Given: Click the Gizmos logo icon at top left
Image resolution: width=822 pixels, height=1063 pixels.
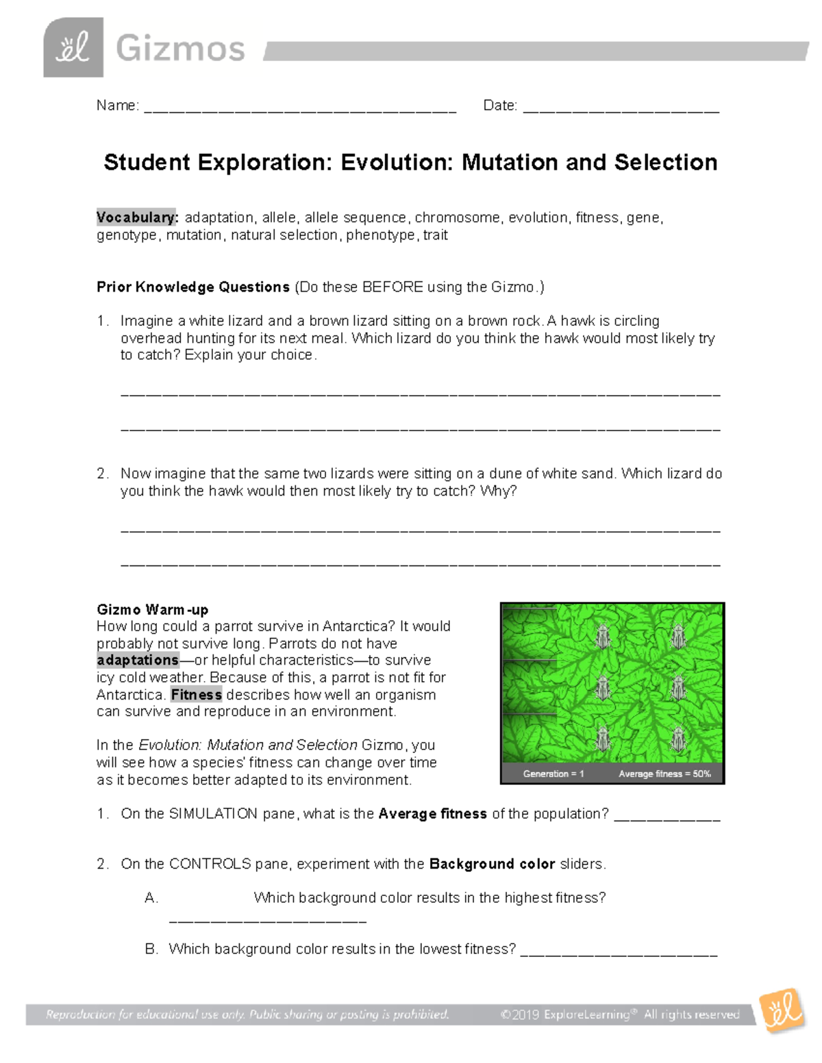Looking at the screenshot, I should (x=73, y=48).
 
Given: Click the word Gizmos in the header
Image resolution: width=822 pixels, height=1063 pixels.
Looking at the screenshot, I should (x=180, y=49).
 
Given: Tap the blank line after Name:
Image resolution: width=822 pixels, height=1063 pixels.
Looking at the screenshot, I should (x=300, y=108).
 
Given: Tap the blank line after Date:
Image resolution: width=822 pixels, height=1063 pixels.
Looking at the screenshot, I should (x=621, y=108).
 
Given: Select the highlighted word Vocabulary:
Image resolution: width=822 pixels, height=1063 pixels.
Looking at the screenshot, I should (x=137, y=218).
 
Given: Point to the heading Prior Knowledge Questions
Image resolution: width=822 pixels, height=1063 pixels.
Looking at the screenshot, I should (x=193, y=287).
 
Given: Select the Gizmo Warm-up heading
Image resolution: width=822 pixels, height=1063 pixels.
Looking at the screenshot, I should (x=153, y=609).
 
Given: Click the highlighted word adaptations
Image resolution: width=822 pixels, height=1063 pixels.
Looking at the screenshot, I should (x=138, y=661).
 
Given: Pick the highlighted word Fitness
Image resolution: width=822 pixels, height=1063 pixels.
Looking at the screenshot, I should (x=196, y=695).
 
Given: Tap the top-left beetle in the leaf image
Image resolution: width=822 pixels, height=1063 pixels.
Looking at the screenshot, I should (x=603, y=636).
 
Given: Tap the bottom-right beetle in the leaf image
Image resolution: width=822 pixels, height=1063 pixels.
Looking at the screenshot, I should (x=678, y=739).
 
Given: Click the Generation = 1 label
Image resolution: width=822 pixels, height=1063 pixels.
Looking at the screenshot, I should (x=553, y=773).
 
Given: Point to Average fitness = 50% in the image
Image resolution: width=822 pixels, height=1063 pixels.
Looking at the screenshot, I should (x=664, y=773).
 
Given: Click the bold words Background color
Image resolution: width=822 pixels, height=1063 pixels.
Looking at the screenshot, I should (x=492, y=864).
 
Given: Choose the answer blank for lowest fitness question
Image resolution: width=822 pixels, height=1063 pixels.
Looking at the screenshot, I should (x=619, y=951).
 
